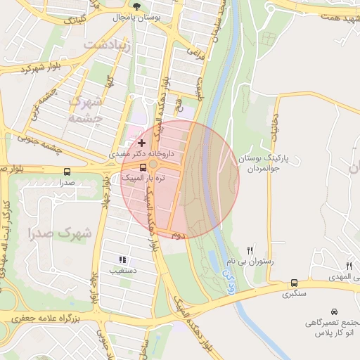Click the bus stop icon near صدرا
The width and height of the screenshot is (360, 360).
[67, 171]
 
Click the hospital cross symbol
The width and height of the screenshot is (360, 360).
[141, 143]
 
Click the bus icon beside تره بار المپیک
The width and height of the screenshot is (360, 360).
[143, 167]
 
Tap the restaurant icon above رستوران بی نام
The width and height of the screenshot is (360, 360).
[250, 250]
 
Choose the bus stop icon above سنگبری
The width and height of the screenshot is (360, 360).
[294, 283]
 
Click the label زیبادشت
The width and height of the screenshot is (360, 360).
[107, 44]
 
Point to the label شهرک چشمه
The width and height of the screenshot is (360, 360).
[86, 110]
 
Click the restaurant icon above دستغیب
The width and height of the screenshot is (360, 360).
[123, 259]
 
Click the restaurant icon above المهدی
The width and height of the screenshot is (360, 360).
[349, 265]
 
